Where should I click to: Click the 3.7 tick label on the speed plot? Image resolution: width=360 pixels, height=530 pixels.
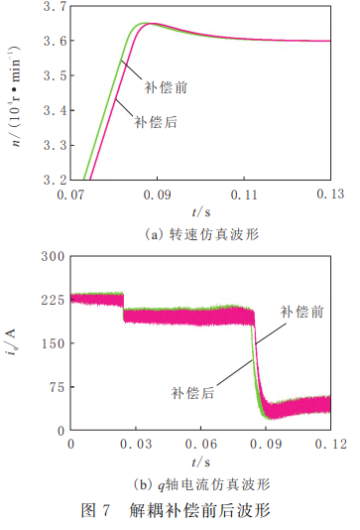(56, 6)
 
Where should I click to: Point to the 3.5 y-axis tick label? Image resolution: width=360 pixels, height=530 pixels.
(56, 75)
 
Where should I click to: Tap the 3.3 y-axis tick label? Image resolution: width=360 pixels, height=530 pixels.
(56, 145)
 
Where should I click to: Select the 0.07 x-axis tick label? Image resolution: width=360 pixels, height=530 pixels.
(70, 195)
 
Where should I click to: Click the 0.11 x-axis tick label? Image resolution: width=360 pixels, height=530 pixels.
(244, 195)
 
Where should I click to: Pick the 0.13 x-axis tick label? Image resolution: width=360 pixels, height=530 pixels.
(330, 194)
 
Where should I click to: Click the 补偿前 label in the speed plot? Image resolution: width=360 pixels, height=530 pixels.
(166, 87)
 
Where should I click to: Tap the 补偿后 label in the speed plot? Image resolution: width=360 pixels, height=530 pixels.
(156, 122)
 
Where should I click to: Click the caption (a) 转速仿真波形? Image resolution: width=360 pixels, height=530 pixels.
(202, 234)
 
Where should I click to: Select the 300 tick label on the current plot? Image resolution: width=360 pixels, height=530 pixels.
(53, 256)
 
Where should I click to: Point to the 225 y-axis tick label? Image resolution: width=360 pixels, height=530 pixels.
(53, 300)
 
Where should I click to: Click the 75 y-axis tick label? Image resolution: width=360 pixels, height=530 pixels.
(57, 387)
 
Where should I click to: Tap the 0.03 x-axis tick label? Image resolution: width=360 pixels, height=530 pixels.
(136, 444)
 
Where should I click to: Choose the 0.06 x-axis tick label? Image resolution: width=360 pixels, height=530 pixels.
(201, 444)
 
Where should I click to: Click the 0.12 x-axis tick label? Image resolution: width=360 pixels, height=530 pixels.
(331, 444)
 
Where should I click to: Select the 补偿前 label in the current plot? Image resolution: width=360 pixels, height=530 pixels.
(301, 312)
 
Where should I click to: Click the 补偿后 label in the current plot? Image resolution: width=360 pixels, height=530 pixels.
(192, 393)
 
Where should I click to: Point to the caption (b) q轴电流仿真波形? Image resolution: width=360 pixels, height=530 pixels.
(202, 484)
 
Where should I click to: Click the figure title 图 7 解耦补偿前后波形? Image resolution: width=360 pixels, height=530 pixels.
(176, 510)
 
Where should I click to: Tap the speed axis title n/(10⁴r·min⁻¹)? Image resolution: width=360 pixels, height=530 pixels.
(15, 95)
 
